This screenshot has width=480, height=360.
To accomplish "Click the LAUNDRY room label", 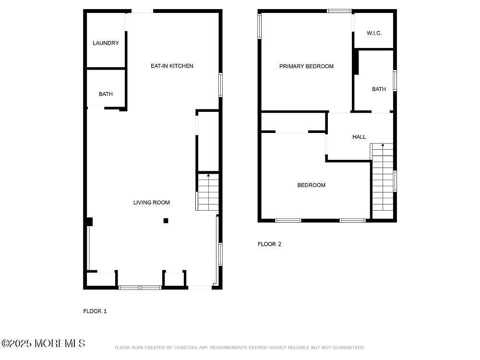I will tap(106, 43).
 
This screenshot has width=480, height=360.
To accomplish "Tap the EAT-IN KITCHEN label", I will tap(172, 66).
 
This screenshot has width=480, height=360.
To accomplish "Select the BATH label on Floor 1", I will tap(106, 94).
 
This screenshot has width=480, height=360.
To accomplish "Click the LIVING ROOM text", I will tap(151, 203).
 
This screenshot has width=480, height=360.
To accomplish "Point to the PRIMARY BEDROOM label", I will tap(306, 66).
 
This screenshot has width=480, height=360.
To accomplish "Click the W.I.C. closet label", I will tap(373, 33).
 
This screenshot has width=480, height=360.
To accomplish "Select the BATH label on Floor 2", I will tap(379, 89).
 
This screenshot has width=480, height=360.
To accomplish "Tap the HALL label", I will tap(359, 137).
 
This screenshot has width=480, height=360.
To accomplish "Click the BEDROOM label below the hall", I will tap(311, 185).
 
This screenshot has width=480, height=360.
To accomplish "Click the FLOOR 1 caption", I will tap(95, 311).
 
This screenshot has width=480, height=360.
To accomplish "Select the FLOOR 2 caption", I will tap(269, 244).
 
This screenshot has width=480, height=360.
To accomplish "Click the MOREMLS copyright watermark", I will tap(43, 343).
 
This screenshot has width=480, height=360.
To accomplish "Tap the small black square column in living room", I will tap(166, 221).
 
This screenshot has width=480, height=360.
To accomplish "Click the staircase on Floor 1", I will tap(208, 192).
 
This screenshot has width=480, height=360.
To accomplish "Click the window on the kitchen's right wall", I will tap(220, 84).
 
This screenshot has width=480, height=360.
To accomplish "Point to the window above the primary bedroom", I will tap(339, 11).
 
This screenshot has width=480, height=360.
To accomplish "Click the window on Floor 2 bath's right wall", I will tap(395, 81).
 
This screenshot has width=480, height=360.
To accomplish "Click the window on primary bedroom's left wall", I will tap(260, 26).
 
